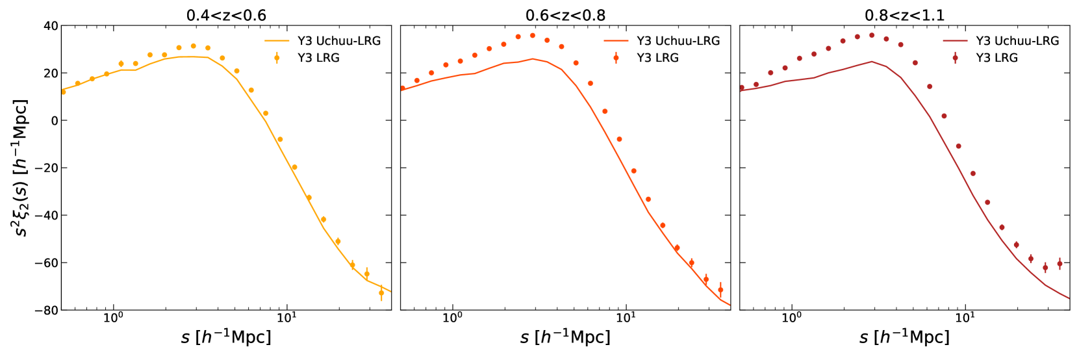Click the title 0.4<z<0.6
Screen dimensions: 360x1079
coord(226,15)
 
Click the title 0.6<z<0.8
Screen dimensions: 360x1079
coord(565,15)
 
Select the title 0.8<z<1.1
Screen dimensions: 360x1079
coord(904,15)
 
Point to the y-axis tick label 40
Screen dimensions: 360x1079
coord(51,26)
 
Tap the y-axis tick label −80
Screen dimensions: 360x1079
coord(47,311)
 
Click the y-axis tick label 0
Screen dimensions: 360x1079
coord(55,121)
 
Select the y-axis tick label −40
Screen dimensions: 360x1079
coord(47,216)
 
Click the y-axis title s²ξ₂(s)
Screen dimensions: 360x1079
coord(21,168)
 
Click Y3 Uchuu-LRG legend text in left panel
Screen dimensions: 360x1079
coord(339,41)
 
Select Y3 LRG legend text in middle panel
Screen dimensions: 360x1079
coord(657,58)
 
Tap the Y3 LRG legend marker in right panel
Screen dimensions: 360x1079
coord(955,58)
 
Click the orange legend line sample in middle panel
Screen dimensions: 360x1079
coord(616,41)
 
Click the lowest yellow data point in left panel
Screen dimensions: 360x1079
coord(381,293)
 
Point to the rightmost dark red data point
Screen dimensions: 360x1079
coord(1060,264)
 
